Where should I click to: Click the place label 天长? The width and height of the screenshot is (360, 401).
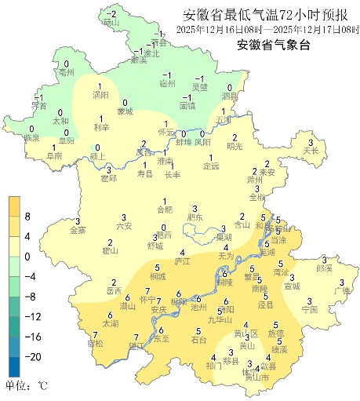tap(311, 150)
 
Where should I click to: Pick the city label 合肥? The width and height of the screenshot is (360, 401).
tap(164, 210)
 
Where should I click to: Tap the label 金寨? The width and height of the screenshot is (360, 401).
tap(78, 230)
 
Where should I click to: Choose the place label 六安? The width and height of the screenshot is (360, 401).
tap(124, 225)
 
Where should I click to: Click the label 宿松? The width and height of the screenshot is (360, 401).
tap(95, 344)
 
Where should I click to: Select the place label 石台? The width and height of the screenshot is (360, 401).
tap(199, 340)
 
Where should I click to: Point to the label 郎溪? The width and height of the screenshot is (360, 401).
tap(325, 268)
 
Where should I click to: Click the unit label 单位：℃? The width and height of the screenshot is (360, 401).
tap(27, 386)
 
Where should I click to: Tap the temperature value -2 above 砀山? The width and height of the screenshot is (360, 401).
tap(111, 14)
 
